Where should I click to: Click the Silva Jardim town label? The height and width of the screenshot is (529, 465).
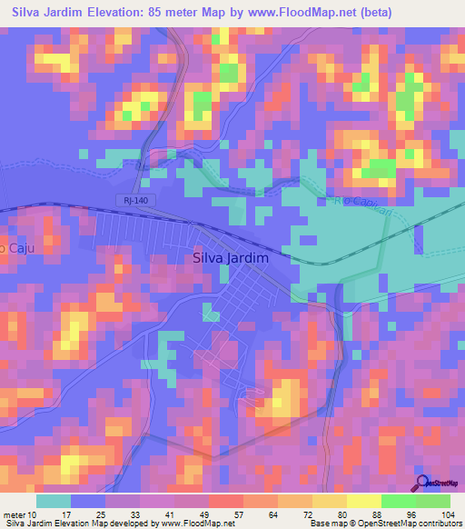pyautogui.click(x=232, y=257)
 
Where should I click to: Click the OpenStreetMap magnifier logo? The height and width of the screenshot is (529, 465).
pyautogui.click(x=422, y=484)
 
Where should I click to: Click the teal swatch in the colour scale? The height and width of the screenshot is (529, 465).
pyautogui.click(x=54, y=501)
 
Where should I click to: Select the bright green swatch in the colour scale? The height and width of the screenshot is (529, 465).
pyautogui.click(x=398, y=501)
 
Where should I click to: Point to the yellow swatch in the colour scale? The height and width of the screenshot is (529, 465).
pyautogui.click(x=363, y=501)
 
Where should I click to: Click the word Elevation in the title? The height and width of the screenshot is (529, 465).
pyautogui.click(x=136, y=11)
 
